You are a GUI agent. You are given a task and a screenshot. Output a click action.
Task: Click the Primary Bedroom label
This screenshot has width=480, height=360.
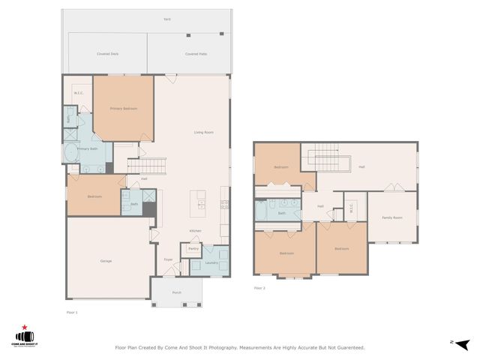[124, 109]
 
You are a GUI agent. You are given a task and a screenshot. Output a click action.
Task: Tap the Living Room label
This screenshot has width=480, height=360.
[204, 133]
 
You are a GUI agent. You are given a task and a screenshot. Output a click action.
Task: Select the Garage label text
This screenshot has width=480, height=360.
[106, 261]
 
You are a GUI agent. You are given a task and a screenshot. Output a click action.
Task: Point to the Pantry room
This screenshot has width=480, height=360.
[193, 249]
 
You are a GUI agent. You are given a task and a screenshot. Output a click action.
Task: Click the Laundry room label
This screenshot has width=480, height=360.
[211, 262]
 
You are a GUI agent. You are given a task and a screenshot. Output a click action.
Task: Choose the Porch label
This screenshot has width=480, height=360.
[176, 292]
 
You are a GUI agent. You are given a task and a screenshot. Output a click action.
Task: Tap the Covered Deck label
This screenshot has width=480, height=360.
[108, 54]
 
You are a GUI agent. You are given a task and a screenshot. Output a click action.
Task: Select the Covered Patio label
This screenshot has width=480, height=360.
[196, 54]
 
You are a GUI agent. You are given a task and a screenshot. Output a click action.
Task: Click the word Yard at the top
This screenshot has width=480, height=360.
[166, 19]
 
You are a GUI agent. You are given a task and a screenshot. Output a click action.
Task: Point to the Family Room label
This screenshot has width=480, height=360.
[391, 217]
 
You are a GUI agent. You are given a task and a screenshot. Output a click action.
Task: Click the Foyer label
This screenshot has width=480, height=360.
[169, 259]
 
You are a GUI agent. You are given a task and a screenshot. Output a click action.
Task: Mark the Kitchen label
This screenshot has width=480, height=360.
[195, 231]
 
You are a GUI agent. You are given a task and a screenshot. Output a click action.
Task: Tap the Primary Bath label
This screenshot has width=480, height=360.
[88, 149]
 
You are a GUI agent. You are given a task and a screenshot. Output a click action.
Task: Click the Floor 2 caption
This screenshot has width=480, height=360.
[259, 288]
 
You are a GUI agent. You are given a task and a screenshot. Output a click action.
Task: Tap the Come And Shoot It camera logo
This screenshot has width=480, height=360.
[26, 337]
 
